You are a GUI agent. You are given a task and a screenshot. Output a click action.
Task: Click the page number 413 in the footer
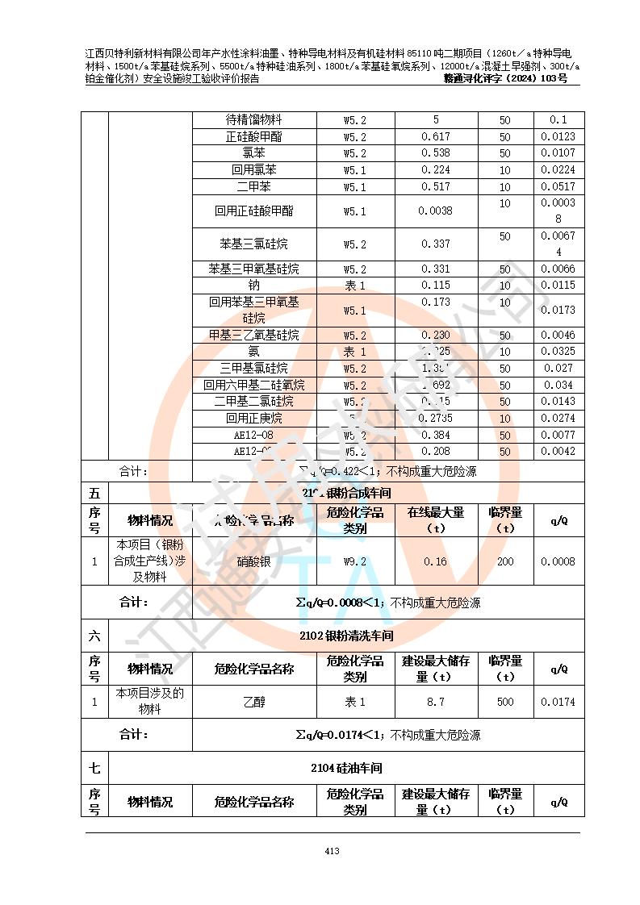331,851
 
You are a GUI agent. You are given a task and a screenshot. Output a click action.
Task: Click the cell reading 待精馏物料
254,119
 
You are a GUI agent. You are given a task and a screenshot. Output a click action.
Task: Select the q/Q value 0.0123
558,136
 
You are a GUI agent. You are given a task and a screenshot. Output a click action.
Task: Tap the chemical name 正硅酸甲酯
254,136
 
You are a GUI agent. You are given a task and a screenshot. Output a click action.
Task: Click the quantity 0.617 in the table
436,136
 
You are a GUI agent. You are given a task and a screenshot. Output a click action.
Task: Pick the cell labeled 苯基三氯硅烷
254,244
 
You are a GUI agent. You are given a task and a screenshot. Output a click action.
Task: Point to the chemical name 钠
254,286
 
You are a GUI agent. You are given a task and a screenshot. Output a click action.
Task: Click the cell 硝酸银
254,561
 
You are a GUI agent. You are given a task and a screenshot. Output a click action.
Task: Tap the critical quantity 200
504,561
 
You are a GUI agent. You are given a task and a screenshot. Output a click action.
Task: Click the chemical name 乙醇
254,702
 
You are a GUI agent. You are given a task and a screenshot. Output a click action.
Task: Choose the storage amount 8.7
436,702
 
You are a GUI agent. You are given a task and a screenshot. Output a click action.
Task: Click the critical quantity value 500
504,702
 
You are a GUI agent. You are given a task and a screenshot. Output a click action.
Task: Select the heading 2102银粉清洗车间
346,636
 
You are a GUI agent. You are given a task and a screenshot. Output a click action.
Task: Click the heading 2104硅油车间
346,768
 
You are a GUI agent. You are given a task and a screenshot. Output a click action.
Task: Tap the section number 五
94,492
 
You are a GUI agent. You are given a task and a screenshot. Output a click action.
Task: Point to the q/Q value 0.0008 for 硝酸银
558,561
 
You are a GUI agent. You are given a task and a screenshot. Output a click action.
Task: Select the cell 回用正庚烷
254,419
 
